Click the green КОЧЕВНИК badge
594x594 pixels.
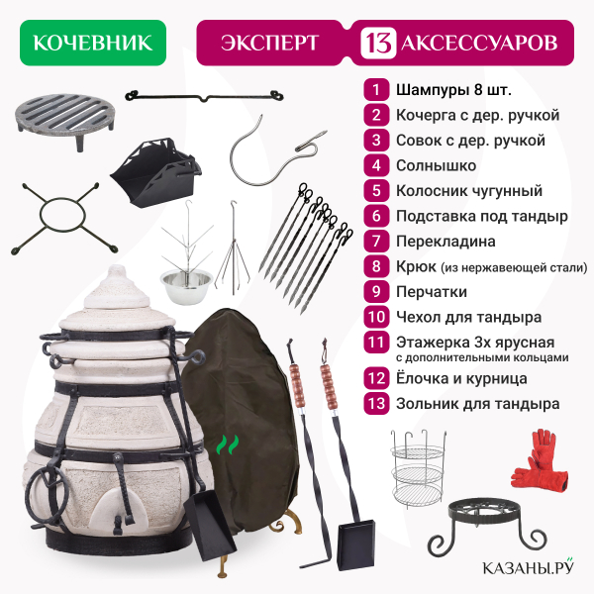click(93, 43)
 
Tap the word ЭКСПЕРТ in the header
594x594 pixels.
click(269, 43)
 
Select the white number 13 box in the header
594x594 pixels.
click(378, 43)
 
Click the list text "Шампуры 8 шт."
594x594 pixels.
click(453, 90)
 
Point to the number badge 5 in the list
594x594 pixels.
click(376, 190)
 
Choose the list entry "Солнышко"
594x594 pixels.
click(436, 165)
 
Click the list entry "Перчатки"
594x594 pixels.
click(432, 292)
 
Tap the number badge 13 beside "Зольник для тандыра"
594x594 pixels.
click(376, 404)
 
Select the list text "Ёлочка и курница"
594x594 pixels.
click(461, 378)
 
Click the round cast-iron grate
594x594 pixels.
click(64, 120)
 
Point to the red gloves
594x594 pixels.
click(541, 461)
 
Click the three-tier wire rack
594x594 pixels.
click(418, 469)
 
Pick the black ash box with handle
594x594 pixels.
click(156, 172)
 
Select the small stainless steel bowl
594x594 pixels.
click(186, 285)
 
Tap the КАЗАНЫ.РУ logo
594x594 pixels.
click(528, 567)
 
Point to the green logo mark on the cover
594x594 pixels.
click(228, 445)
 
